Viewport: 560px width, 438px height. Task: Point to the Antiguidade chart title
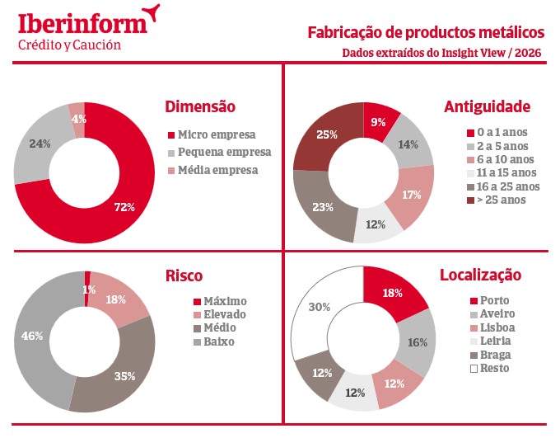point(487,106)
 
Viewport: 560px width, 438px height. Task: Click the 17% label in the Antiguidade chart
point(412,195)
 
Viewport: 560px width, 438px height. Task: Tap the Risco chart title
point(184,276)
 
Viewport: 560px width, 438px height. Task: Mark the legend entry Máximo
point(224,301)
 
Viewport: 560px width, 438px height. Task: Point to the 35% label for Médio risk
point(125,376)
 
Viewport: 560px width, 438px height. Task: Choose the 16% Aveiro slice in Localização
point(417,342)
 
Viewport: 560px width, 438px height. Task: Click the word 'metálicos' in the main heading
point(507,33)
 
